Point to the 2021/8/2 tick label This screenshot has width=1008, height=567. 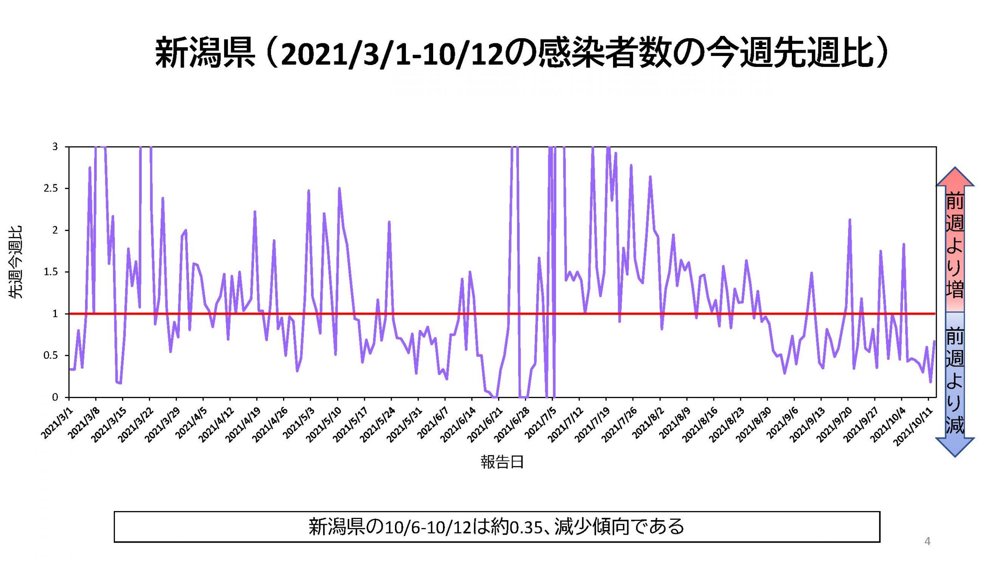tap(648, 423)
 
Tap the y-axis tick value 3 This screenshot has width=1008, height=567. tap(55, 147)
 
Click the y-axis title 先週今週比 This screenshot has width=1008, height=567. tap(16, 262)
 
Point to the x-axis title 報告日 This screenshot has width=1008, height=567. tap(502, 462)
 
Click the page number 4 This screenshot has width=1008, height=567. tap(927, 541)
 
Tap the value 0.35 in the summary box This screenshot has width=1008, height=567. tap(526, 527)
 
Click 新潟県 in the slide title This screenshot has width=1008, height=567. tap(205, 53)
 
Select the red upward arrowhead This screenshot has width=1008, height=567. tap(955, 177)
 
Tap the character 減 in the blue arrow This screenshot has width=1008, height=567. tap(955, 426)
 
